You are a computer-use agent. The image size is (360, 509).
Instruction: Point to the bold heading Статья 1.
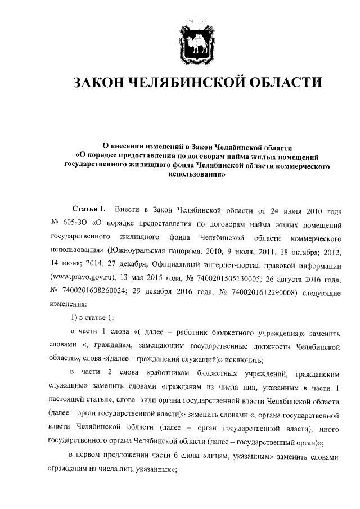tap(89, 210)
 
